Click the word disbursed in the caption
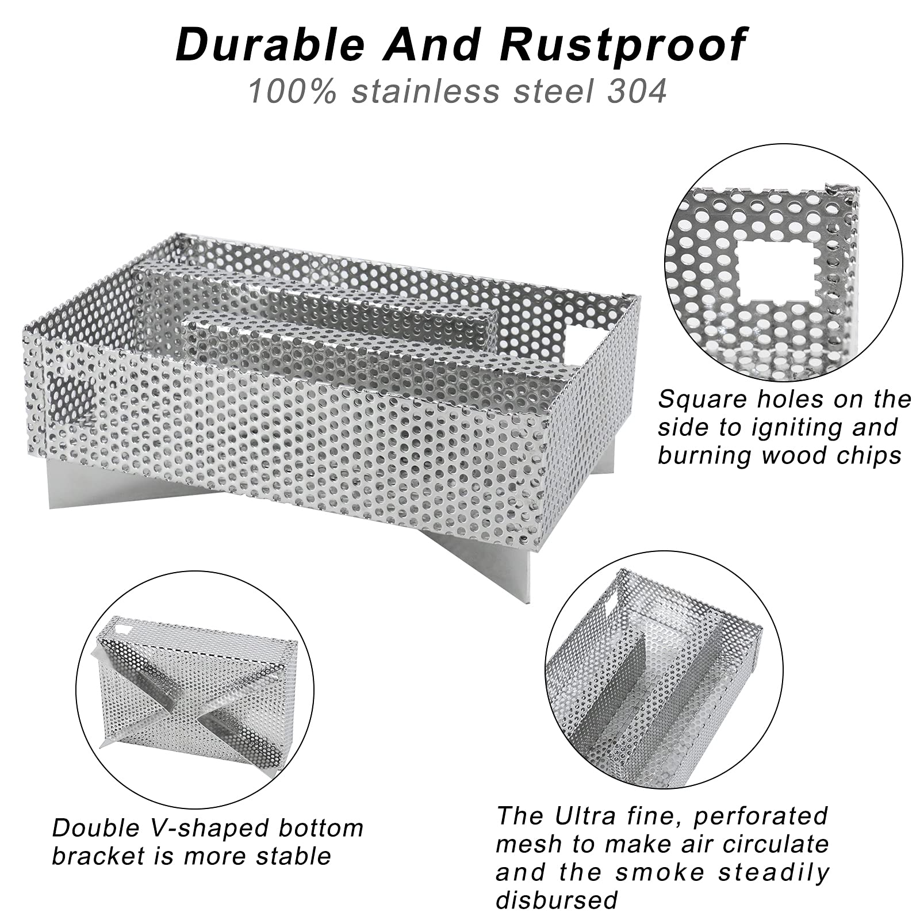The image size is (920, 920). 557,899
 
